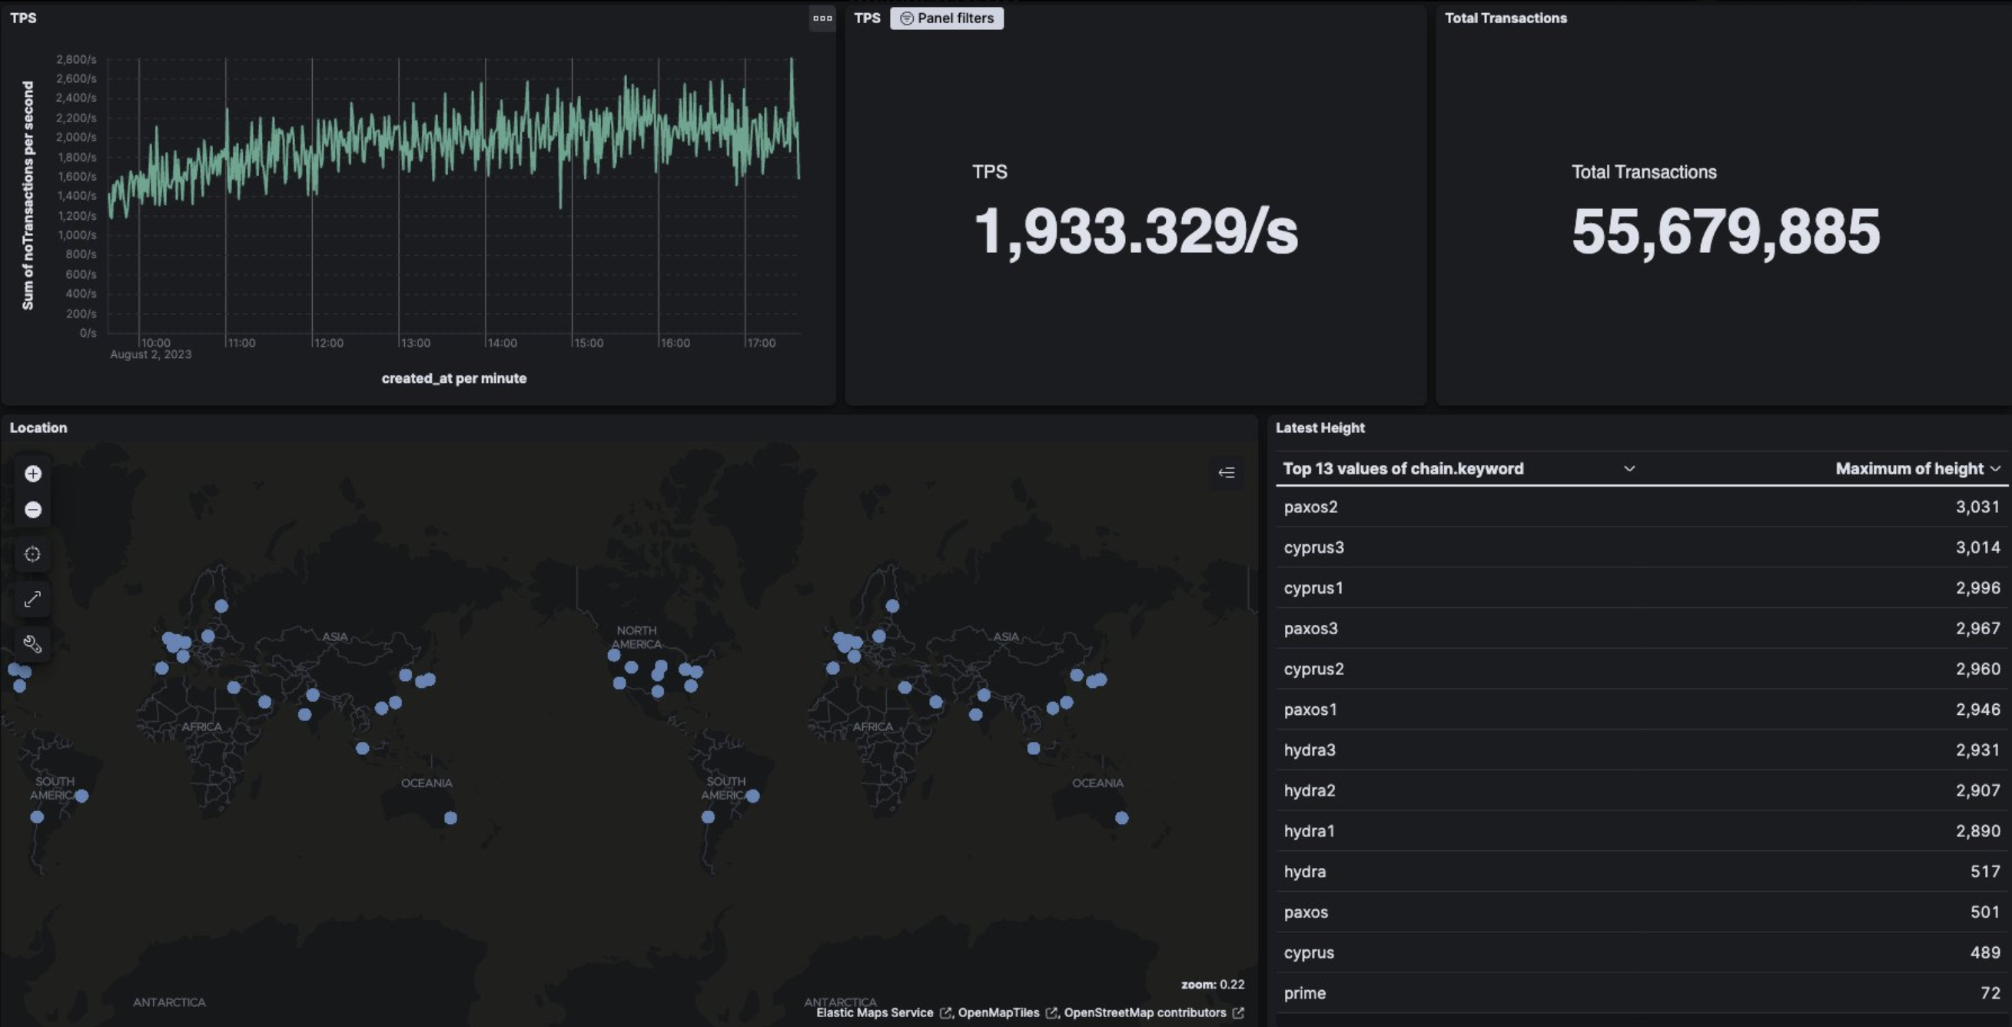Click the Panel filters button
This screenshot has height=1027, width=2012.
[947, 18]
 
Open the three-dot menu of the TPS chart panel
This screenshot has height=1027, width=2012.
[822, 18]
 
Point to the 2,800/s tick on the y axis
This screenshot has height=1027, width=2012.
[76, 59]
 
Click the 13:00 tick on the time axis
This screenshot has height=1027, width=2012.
[415, 343]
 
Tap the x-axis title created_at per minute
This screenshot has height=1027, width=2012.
[453, 378]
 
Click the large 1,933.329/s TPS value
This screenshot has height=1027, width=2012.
[1135, 231]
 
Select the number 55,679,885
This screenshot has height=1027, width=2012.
[1725, 231]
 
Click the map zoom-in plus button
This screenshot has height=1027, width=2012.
[33, 474]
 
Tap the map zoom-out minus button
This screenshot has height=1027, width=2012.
[33, 510]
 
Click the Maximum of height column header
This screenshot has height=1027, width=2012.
[1909, 469]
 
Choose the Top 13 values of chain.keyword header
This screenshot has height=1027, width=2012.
[1403, 469]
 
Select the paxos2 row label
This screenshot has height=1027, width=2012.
[1310, 507]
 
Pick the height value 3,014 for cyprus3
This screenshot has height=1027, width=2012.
[1977, 547]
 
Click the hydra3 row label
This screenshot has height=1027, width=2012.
[1310, 749]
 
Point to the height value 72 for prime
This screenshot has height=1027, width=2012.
[1990, 993]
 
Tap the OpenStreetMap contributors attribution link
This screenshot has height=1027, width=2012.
[1145, 1013]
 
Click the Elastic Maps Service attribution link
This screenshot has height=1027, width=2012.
[875, 1013]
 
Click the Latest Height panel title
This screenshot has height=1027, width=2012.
[1320, 428]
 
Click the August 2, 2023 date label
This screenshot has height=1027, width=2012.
[151, 354]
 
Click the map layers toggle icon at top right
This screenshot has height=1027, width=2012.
[1227, 473]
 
